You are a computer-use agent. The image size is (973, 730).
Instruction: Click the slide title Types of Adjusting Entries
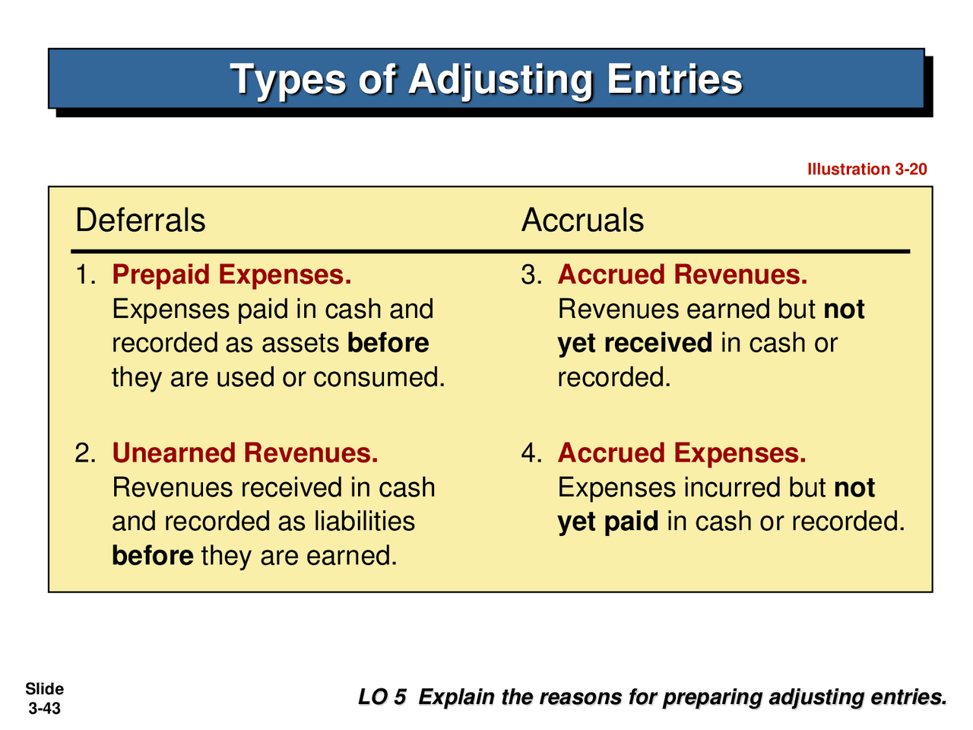click(486, 79)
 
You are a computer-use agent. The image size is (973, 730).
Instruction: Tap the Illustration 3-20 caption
click(867, 169)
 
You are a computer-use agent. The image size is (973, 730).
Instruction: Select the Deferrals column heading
click(141, 221)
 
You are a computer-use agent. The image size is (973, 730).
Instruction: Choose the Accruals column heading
click(582, 221)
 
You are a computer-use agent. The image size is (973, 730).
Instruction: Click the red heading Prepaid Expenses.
click(232, 275)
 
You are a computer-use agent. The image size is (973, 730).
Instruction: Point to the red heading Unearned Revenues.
click(245, 453)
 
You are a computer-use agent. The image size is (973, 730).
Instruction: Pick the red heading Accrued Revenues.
click(683, 275)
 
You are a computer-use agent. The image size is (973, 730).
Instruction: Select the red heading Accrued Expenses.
click(682, 453)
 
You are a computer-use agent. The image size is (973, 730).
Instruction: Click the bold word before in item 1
click(388, 343)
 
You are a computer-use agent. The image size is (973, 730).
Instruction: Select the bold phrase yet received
click(635, 343)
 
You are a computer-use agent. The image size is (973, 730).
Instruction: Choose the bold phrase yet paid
click(608, 522)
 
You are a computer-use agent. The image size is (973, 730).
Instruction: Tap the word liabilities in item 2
click(365, 522)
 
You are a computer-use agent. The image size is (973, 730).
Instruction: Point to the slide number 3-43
click(44, 709)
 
